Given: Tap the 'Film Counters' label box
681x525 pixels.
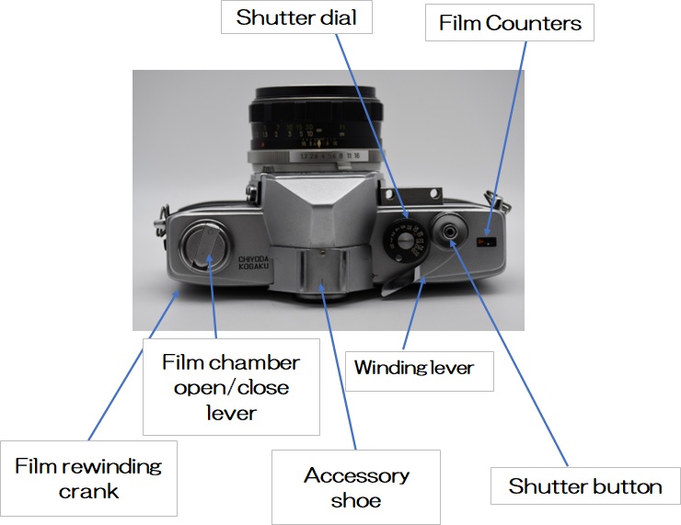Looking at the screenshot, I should [510, 23].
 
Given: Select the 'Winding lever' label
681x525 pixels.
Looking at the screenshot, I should [414, 368].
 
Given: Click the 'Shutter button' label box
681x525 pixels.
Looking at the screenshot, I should [584, 485].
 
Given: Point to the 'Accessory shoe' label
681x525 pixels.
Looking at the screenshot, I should [356, 487].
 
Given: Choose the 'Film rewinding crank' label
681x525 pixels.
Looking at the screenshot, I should [87, 478].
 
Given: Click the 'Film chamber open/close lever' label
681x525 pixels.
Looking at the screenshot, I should [231, 387].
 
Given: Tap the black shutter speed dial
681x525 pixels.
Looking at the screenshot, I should [405, 244].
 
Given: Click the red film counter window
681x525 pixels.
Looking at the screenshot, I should [487, 243].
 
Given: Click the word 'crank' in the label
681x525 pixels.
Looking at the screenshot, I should [88, 491].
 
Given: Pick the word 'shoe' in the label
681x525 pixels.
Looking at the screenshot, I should [356, 501].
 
